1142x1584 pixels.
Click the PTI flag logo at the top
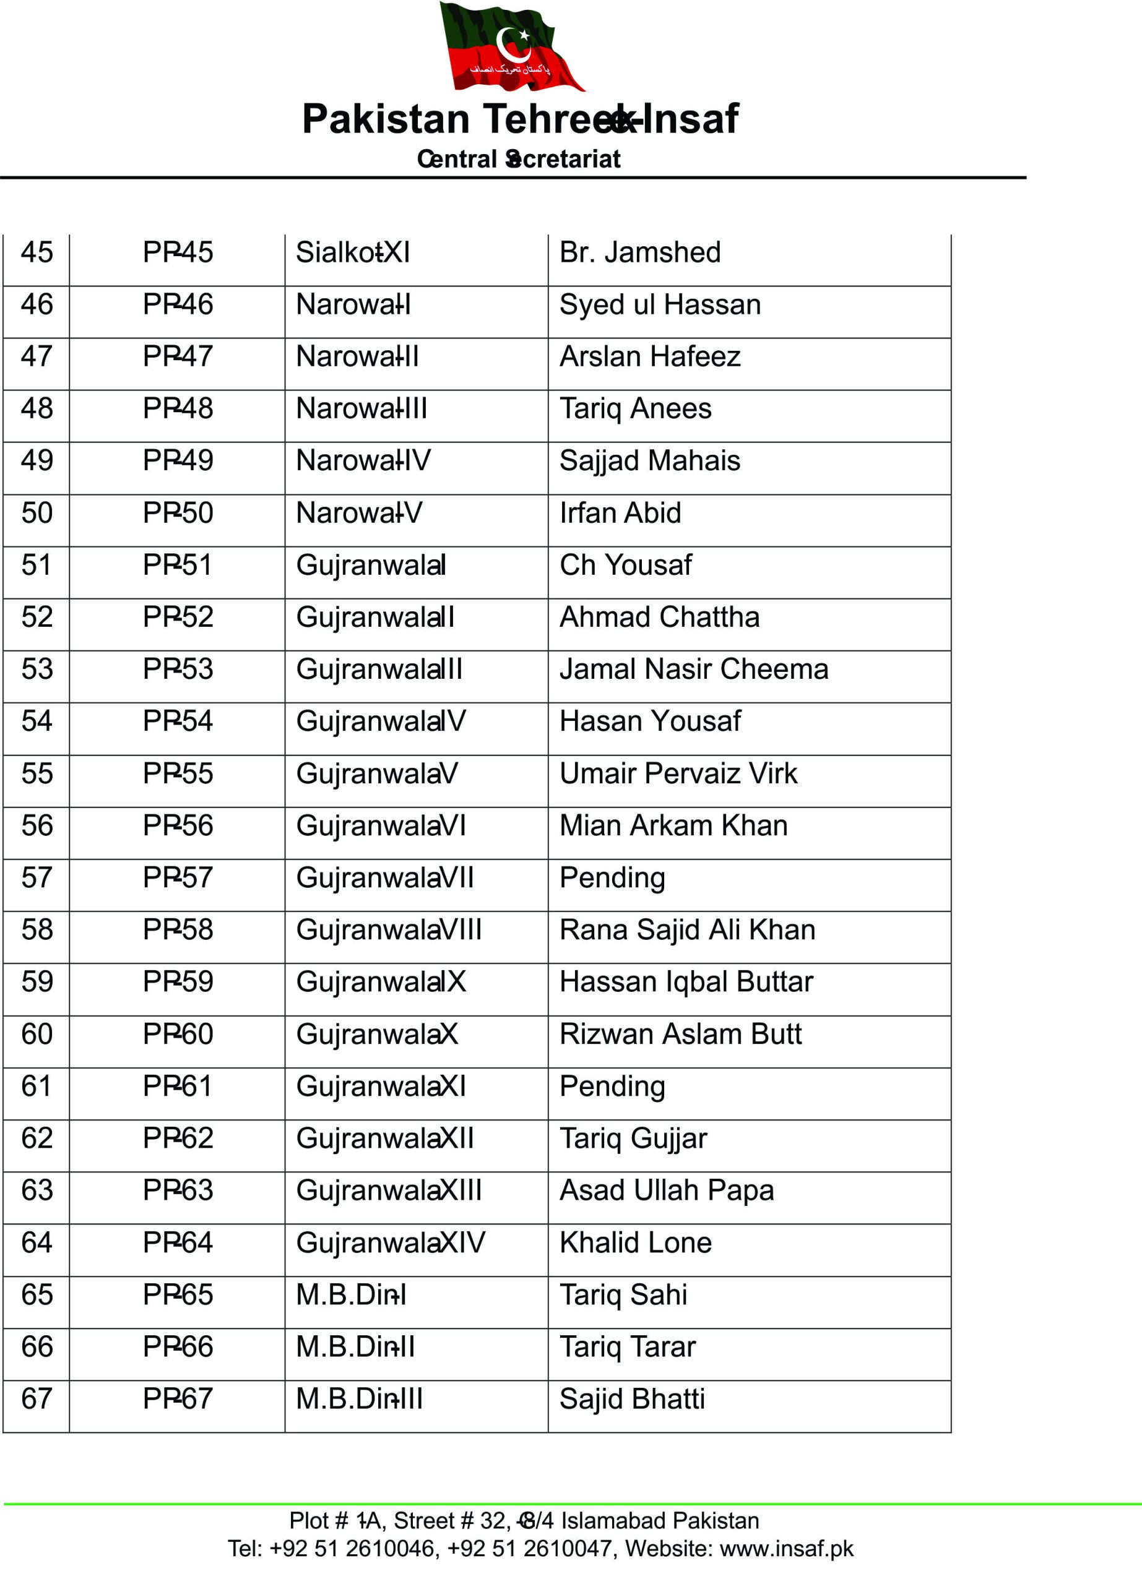[511, 48]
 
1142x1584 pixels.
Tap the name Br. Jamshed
[640, 253]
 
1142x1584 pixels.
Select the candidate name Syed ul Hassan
[660, 305]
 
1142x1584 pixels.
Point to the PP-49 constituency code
[178, 461]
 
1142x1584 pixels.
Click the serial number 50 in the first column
[37, 514]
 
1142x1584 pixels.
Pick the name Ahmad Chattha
[659, 618]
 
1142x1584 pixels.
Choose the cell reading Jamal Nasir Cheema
[694, 669]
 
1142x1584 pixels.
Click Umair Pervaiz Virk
[678, 774]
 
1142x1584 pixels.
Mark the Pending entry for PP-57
[612, 878]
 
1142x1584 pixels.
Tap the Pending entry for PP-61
[612, 1087]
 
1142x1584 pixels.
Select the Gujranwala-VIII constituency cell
[389, 930]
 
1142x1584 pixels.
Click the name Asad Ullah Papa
[667, 1191]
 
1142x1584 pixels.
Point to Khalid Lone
[636, 1243]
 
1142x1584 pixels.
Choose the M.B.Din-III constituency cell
[359, 1400]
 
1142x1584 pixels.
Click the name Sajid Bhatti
[632, 1400]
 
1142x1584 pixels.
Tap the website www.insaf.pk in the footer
[787, 1548]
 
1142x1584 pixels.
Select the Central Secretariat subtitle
[518, 159]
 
